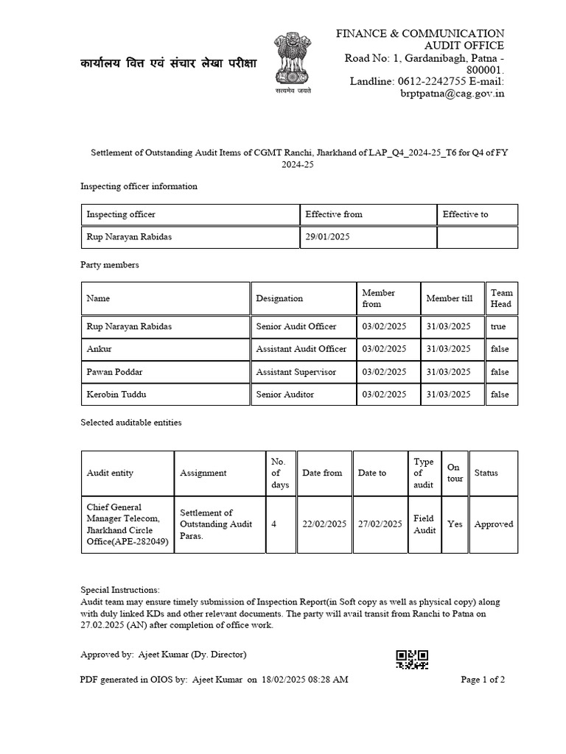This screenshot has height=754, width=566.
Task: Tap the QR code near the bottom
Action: coord(412,659)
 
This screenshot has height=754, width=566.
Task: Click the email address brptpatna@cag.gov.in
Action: coord(452,94)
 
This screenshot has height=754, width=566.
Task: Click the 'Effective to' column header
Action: coord(465,214)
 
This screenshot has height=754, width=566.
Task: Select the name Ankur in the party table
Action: coord(99,348)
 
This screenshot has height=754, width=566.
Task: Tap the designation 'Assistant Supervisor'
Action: coord(296,372)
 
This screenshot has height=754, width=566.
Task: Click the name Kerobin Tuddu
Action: coord(116,395)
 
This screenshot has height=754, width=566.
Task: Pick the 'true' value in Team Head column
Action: coord(499,325)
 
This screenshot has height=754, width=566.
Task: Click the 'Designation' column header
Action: coord(279,298)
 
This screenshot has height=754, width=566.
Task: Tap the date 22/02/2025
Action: coord(324,524)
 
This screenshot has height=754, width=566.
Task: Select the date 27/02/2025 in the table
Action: coord(380,524)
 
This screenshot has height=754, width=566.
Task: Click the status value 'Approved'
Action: coord(494,524)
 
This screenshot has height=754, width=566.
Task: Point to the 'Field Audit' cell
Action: coord(424,524)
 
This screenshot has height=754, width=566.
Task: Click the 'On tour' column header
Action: coord(454,473)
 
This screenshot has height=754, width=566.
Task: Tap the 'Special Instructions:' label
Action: coord(119,591)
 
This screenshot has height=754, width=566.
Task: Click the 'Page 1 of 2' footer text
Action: coord(483,680)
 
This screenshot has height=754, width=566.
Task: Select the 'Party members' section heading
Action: coord(110,264)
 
